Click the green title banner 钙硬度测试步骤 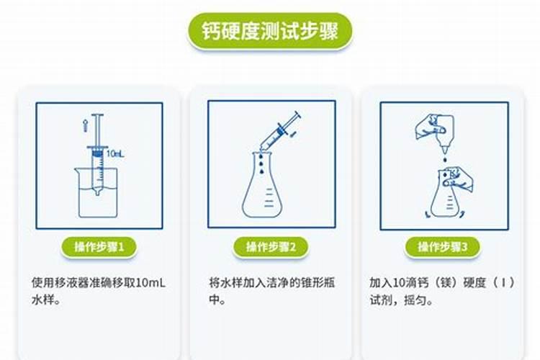[270, 32]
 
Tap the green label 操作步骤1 [99, 247]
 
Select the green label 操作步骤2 [271, 247]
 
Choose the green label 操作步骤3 [443, 247]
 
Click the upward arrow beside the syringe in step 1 [84, 127]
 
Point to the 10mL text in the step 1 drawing [115, 153]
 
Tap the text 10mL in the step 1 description [150, 283]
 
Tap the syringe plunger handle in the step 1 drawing [97, 116]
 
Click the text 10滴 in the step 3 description [406, 283]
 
